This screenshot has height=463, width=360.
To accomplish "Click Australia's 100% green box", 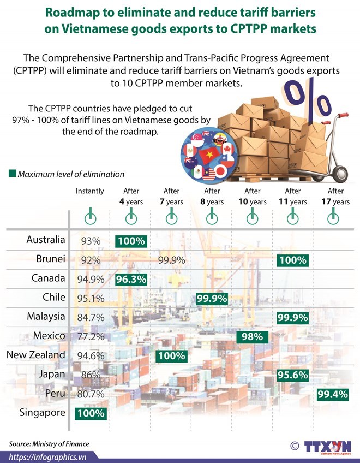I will [x=131, y=241].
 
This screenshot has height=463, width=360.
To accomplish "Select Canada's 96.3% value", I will [x=131, y=279].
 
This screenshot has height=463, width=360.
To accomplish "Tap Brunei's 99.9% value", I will [x=171, y=260].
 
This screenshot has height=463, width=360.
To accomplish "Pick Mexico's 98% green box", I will [x=253, y=336].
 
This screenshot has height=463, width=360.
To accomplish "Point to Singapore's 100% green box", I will [x=91, y=413].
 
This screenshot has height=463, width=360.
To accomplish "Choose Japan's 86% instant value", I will [x=91, y=375].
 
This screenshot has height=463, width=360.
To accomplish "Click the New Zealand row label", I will [x=35, y=355].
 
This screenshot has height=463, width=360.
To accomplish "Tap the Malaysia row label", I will [x=46, y=317].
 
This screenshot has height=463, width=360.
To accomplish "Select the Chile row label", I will [x=53, y=298].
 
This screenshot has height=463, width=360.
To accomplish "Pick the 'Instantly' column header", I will [x=90, y=191].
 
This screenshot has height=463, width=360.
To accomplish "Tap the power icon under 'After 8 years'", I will [x=212, y=218].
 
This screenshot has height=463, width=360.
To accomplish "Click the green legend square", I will [x=12, y=174].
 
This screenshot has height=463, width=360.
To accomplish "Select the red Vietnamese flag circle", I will [x=208, y=156].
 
